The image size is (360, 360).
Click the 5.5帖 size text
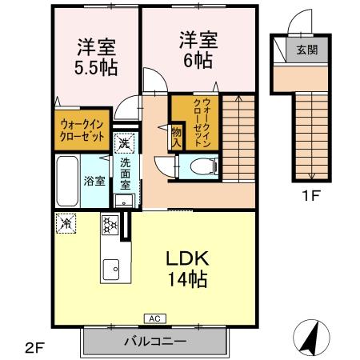tap(97, 67)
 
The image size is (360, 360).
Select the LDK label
tap(188, 259)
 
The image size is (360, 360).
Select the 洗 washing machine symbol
tap(124, 144)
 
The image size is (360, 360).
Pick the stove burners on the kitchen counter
tap(110, 226)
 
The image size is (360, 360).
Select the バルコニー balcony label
tap(154, 342)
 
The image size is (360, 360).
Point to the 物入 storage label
tap(175, 136)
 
